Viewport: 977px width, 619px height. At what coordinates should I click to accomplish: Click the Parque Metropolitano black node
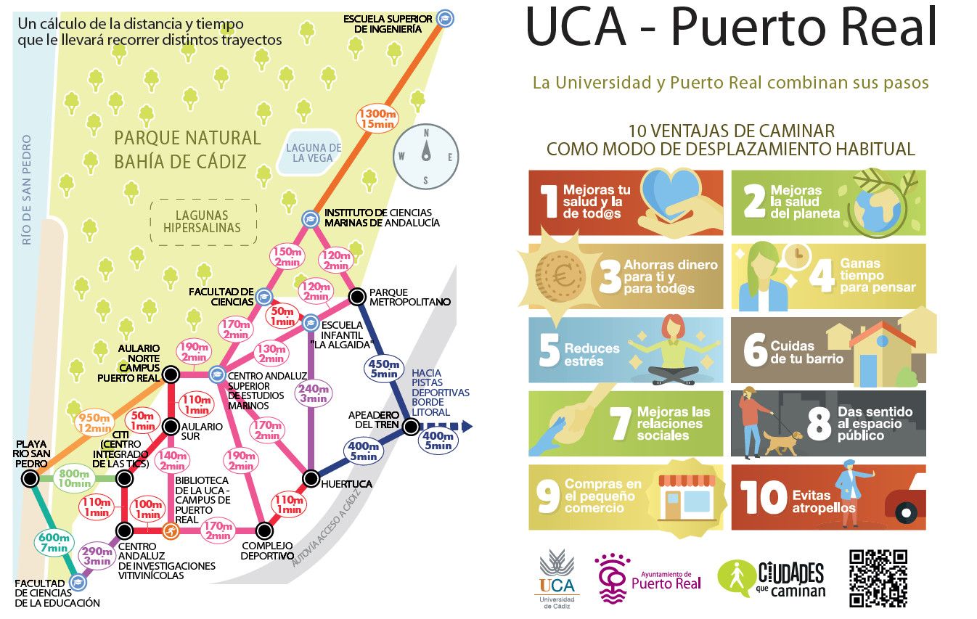356,296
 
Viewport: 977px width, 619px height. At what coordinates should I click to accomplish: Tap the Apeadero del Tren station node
411,427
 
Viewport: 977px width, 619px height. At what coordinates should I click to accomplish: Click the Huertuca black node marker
311,478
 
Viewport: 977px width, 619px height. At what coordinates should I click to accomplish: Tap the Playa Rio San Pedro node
30,478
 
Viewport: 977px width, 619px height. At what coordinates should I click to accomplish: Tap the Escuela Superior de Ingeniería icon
446,19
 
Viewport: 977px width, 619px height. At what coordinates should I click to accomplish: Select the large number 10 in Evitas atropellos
764,497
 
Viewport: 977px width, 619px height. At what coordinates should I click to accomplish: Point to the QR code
878,578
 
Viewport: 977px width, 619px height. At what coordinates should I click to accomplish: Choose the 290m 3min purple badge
96,555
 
